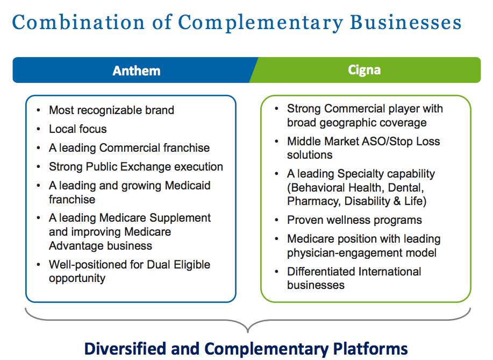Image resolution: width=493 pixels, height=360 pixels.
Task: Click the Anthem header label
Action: click(137, 70)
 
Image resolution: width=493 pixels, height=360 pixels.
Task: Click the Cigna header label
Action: click(364, 70)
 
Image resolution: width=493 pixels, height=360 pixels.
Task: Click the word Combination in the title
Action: click(78, 23)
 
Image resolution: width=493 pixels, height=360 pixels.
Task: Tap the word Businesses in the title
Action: click(405, 23)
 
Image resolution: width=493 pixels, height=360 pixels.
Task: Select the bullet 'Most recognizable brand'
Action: click(111, 110)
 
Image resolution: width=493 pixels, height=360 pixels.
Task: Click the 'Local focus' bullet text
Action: click(77, 129)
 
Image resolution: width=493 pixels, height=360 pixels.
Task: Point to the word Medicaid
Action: click(188, 185)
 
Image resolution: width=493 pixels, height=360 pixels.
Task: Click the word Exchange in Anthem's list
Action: click(151, 166)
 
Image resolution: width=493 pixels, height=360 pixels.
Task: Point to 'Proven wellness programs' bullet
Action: click(354, 220)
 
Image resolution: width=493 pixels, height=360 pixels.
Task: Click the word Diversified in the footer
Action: click(125, 349)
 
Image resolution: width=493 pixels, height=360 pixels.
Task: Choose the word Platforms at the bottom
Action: click(370, 349)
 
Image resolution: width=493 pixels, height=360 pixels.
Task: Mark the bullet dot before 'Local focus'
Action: click(38, 129)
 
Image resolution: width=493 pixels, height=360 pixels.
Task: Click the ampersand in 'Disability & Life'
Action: click(397, 201)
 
